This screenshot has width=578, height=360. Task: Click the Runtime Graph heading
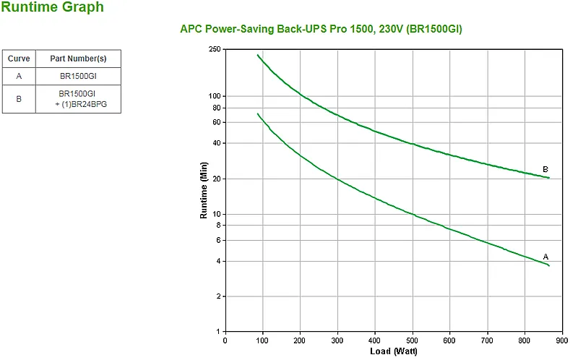coord(52,7)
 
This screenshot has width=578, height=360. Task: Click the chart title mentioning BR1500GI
coord(321,29)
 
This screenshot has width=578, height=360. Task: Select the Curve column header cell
coord(19,59)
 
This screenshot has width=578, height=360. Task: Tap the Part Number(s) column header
coord(78,59)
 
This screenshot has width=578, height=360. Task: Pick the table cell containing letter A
coord(19,76)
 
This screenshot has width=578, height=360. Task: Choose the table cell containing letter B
coord(19,99)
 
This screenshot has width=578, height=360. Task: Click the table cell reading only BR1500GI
coord(78,76)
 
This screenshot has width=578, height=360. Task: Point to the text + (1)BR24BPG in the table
coord(81,104)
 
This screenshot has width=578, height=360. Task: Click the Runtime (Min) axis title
coord(204,190)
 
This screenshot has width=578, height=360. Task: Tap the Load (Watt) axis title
coord(393,351)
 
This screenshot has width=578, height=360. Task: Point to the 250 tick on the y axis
coord(215,49)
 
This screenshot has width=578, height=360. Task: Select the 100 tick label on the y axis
coord(215,96)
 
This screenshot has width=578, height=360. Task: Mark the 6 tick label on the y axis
coord(219,240)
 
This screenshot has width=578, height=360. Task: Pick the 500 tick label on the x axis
coord(412,340)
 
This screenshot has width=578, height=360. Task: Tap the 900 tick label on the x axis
coord(562,340)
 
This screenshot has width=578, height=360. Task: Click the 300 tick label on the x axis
coord(337,340)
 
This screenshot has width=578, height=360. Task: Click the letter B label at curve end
coord(545,169)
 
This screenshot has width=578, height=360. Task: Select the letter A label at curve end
coord(545,257)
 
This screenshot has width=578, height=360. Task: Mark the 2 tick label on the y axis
coord(219,296)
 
